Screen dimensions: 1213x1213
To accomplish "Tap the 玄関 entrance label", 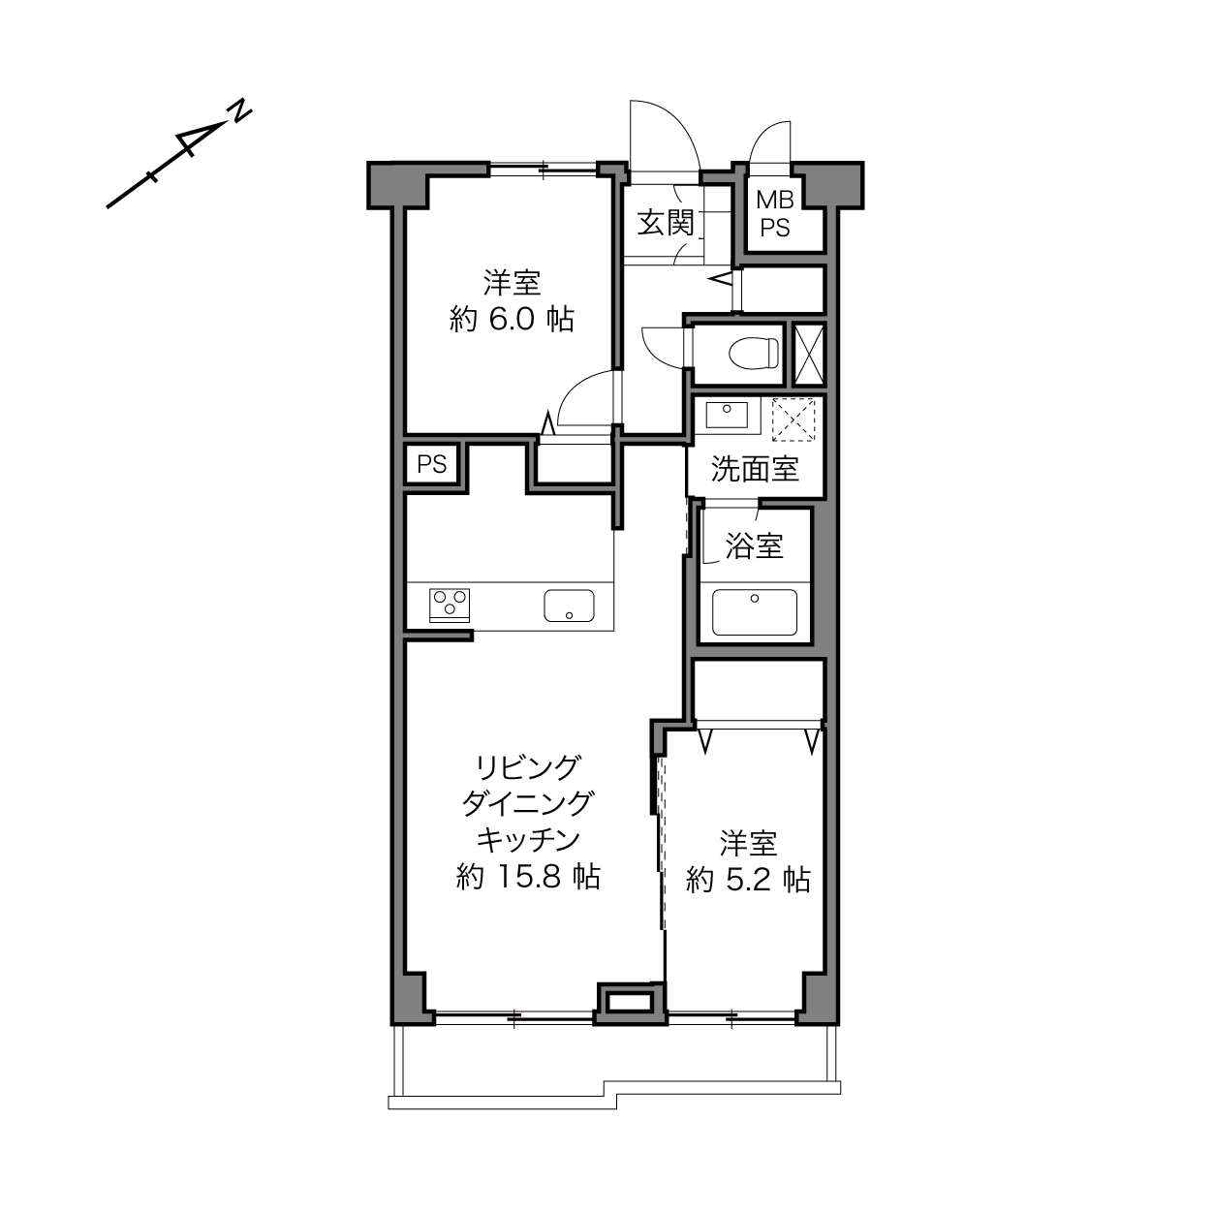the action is click(666, 223).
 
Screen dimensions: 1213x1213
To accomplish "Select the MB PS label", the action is click(775, 214).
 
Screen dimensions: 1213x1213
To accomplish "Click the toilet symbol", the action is click(754, 353).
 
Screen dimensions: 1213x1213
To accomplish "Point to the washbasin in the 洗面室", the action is click(727, 415).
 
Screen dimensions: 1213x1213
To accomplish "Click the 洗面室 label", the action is click(756, 469).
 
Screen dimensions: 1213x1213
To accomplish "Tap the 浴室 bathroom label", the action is click(754, 545).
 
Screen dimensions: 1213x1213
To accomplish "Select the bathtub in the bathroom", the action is click(754, 612).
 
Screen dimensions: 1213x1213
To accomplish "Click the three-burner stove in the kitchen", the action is click(449, 605).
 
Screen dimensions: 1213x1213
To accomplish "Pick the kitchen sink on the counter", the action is click(569, 606).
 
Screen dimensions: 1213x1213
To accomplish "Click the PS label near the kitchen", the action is click(432, 464).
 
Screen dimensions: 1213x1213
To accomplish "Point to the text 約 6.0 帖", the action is click(512, 320).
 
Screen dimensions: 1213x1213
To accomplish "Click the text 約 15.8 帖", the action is click(528, 876).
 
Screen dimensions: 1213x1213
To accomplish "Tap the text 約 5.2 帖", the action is click(749, 880).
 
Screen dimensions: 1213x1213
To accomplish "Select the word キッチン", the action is click(528, 839).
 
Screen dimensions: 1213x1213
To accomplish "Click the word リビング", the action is click(527, 767).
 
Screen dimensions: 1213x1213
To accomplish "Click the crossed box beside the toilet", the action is click(808, 355).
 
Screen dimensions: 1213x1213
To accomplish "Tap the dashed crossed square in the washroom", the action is click(793, 420).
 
